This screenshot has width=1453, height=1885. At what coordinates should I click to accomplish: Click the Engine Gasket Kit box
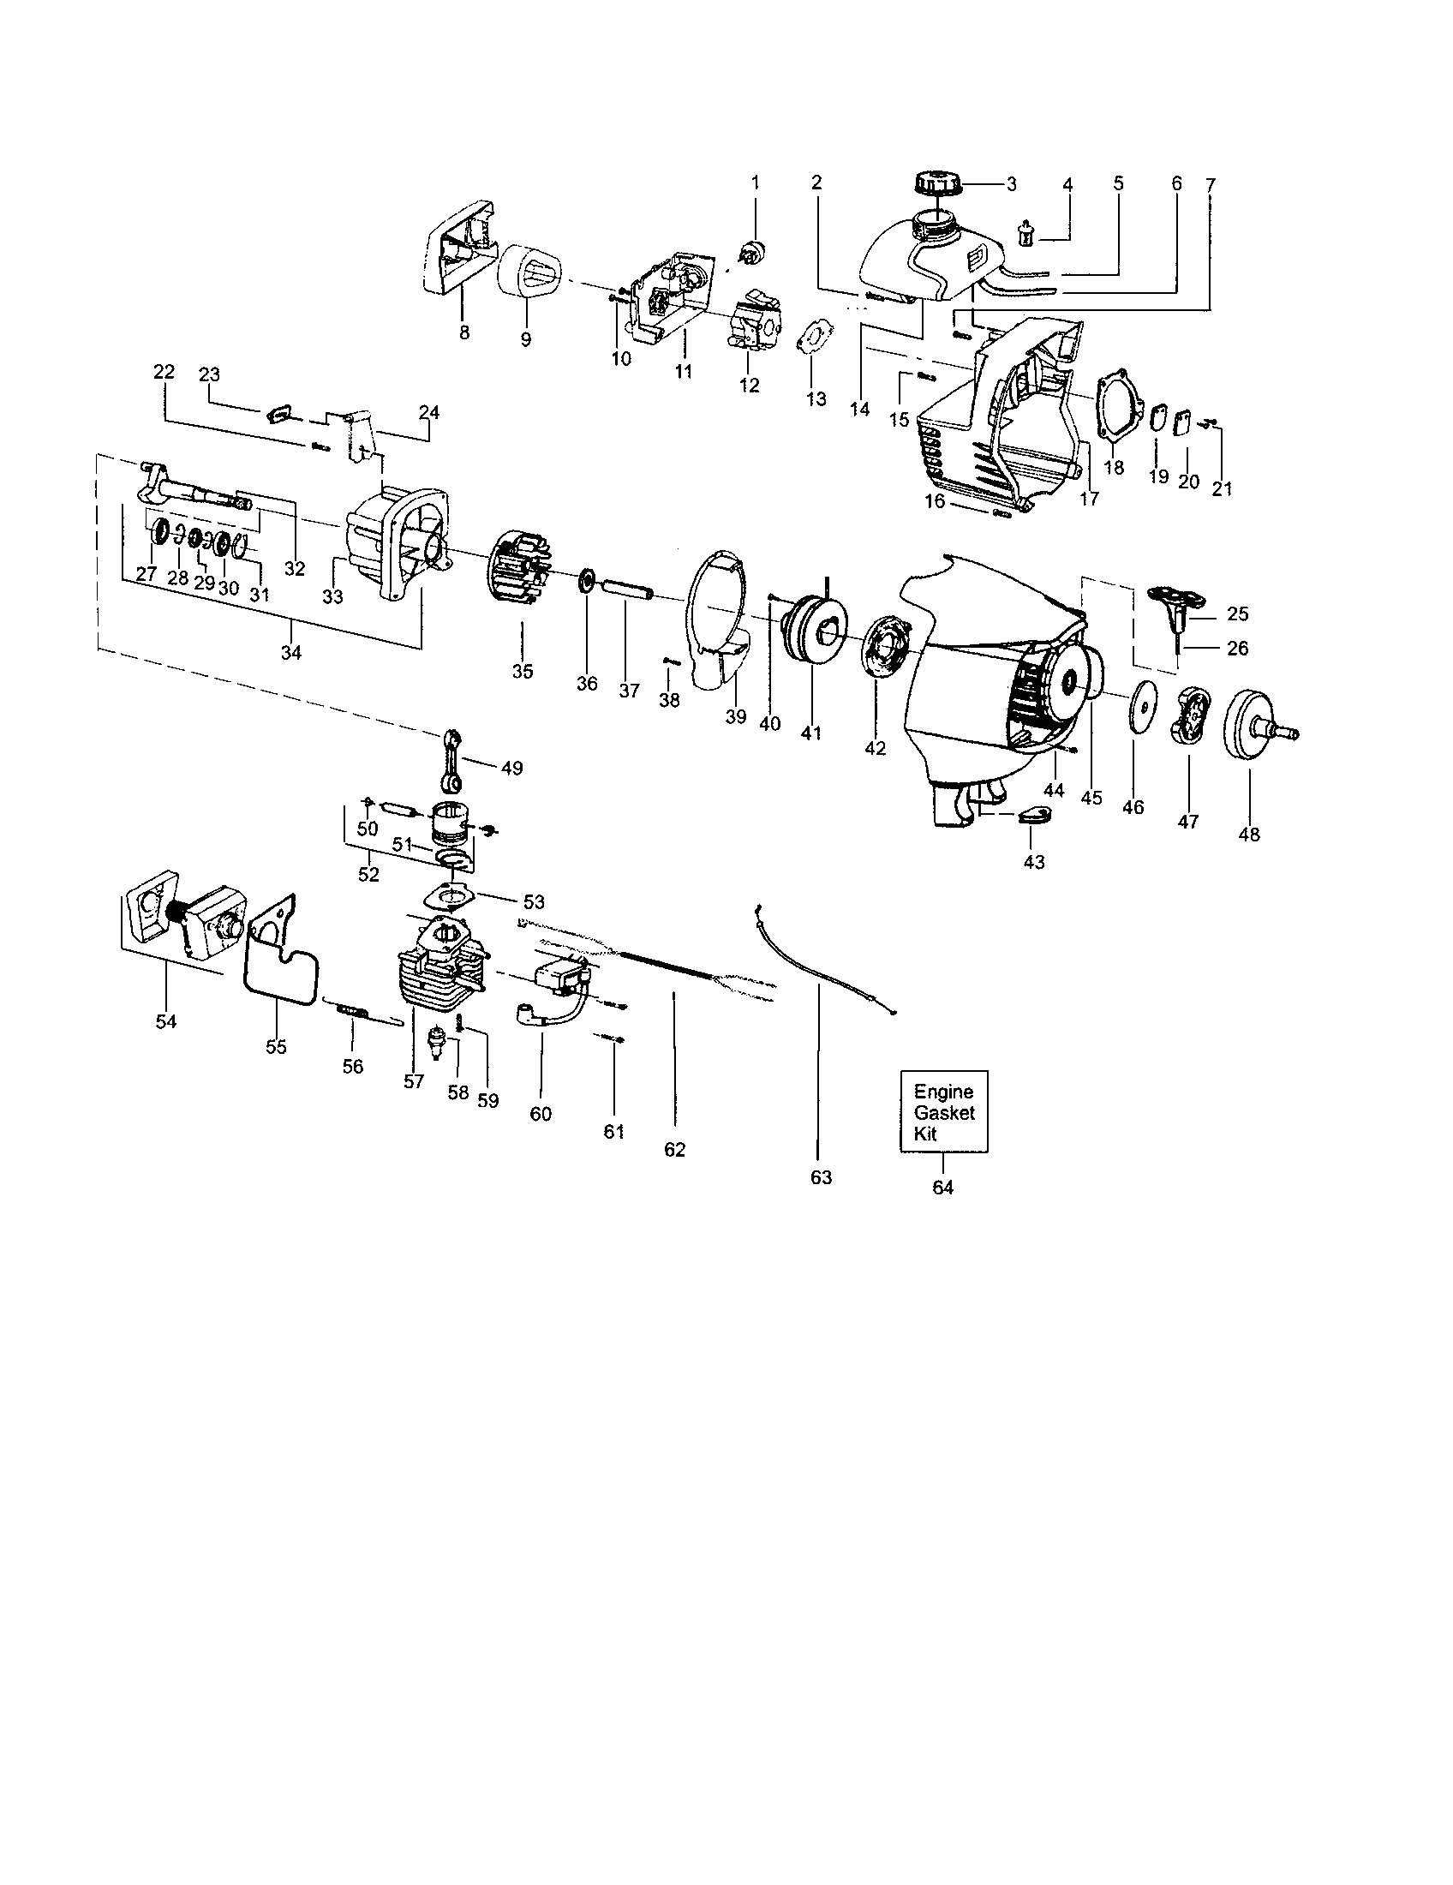[943, 1111]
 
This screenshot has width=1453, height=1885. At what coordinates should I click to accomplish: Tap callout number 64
[943, 1188]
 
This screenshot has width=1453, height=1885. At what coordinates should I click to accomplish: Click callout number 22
[164, 372]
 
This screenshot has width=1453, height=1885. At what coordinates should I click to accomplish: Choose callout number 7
[1210, 185]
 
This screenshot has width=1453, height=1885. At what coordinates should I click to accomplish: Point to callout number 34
[291, 654]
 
